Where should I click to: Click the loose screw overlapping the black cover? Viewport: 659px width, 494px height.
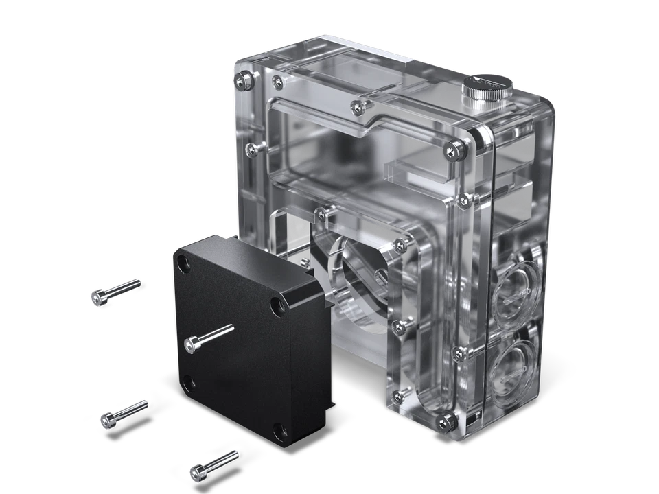click(x=209, y=337)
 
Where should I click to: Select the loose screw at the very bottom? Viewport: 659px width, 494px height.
click(x=212, y=464)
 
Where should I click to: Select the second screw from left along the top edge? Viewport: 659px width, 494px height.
click(x=277, y=82)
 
